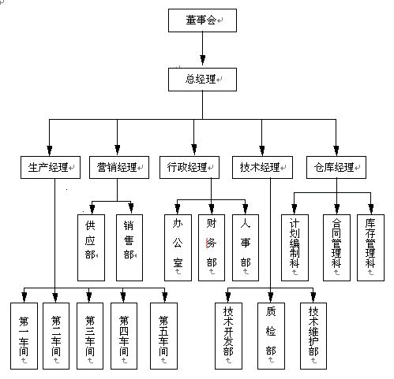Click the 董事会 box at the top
coord(202,20)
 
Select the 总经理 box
coord(202,80)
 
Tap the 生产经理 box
coord(51,168)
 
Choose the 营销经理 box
coord(119,168)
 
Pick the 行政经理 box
coord(189,168)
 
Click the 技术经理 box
coord(262,168)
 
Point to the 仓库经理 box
coord(336,168)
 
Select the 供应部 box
coord(91,247)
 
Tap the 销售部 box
coord(129,247)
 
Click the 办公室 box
coord(178,247)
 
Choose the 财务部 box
coord(212,247)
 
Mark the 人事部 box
coord(246,247)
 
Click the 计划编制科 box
coord(295,247)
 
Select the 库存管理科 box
coord(370,247)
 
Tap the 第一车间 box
coord(24,336)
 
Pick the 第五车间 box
coord(163,336)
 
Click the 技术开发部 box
coord(228,336)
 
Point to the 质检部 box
coord(271,336)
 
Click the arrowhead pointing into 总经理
coord(202,60)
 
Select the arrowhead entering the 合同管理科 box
coord(336,209)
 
